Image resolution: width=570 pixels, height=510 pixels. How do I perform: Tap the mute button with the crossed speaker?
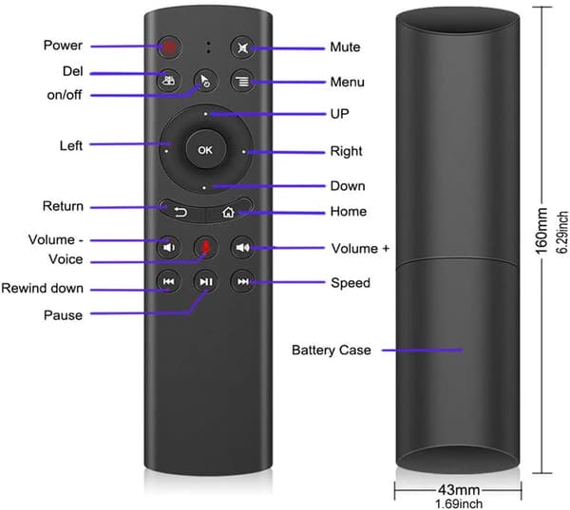242,47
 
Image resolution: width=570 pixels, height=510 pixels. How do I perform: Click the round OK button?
206,149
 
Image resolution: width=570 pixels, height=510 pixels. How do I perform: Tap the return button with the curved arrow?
180,210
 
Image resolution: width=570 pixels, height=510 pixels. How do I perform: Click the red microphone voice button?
205,247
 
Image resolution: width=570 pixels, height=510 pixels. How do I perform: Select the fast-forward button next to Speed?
242,281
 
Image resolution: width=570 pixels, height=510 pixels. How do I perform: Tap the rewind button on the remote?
168,281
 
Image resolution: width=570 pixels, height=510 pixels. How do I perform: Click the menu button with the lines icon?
242,81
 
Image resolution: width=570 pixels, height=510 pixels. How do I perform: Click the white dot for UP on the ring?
205,114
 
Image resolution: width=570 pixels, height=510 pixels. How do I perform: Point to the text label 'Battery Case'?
332,350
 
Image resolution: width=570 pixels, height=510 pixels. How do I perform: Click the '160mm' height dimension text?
541,231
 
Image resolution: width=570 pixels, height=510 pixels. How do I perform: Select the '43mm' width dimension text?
459,490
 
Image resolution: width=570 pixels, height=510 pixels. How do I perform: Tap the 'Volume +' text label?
360,249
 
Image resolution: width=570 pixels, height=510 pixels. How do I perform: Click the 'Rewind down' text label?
42,289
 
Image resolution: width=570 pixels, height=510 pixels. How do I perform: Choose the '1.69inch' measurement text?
459,503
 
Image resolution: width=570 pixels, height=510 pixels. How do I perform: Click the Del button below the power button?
168,80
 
